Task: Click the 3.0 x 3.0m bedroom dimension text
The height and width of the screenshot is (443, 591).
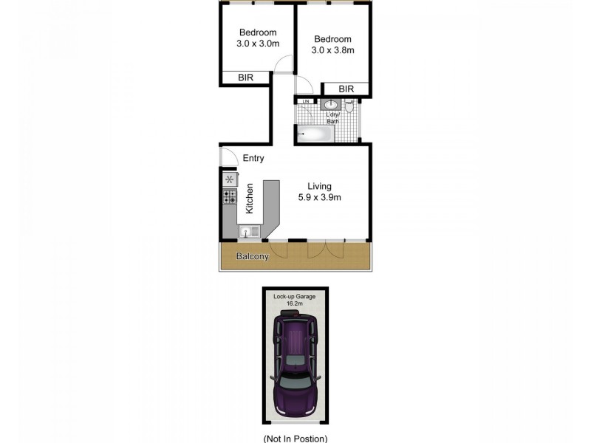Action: point(258,44)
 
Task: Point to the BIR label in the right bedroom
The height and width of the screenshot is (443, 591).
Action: point(346,89)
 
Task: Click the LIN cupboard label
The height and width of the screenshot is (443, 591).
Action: point(303,101)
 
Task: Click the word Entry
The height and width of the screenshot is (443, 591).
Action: point(253,159)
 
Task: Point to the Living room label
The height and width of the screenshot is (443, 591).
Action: point(320,186)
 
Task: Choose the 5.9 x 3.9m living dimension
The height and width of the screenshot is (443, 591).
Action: point(320,197)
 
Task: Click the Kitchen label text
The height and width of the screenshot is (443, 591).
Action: point(250,199)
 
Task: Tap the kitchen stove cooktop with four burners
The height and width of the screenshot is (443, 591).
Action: point(230,196)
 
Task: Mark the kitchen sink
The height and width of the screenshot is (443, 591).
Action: point(249,232)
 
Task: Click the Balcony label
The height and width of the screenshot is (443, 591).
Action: point(252,257)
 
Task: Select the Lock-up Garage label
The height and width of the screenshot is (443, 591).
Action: point(295,296)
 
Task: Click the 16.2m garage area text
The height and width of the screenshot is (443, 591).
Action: point(295,303)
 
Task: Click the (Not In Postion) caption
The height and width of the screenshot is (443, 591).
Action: point(295,438)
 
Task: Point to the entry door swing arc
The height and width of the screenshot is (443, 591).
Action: point(229,157)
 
